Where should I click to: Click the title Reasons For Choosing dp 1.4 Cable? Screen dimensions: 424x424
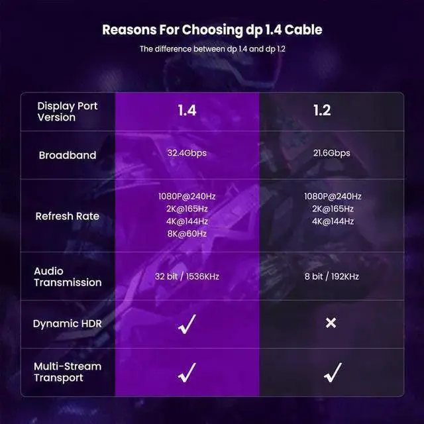212,30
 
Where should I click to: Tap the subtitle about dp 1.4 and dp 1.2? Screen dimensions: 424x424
213,49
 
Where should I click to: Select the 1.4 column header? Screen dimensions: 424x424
187,111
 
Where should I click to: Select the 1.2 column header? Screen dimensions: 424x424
322,111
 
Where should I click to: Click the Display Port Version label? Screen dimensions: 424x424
68,112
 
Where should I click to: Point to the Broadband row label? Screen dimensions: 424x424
68,155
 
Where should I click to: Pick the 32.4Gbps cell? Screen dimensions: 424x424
187,153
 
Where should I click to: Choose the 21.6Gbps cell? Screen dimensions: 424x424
331,153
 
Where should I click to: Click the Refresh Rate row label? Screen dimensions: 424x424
68,217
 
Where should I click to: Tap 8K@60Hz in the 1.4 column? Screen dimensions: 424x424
187,234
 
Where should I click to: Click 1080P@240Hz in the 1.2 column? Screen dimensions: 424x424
333,196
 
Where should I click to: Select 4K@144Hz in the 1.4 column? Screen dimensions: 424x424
187,221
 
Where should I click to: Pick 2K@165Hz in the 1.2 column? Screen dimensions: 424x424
333,209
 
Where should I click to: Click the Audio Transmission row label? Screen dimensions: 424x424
68,277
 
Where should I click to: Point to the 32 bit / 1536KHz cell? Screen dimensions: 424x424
187,276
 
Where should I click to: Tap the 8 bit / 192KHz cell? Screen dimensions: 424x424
331,276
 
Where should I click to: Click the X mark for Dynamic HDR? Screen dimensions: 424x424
331,323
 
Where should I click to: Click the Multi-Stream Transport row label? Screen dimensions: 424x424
68,372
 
